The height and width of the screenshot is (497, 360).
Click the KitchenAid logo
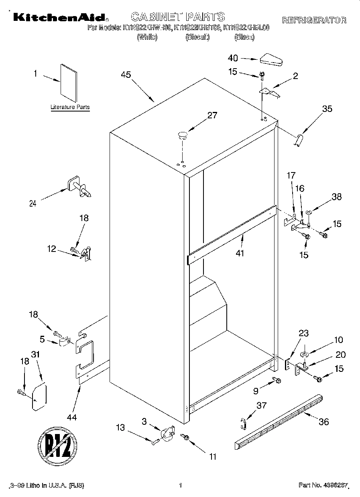[59, 17]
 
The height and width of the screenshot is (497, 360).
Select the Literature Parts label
[70, 108]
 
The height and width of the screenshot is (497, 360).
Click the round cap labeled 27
[183, 134]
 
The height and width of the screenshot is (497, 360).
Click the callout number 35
[327, 108]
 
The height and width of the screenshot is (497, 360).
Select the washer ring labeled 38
[309, 213]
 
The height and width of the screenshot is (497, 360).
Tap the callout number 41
[240, 253]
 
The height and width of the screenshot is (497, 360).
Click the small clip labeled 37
[242, 422]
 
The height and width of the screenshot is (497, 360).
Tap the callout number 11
[213, 456]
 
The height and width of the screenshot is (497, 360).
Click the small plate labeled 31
[39, 397]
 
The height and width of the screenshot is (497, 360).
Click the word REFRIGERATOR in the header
[314, 20]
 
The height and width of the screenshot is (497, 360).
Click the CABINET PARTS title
[178, 16]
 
